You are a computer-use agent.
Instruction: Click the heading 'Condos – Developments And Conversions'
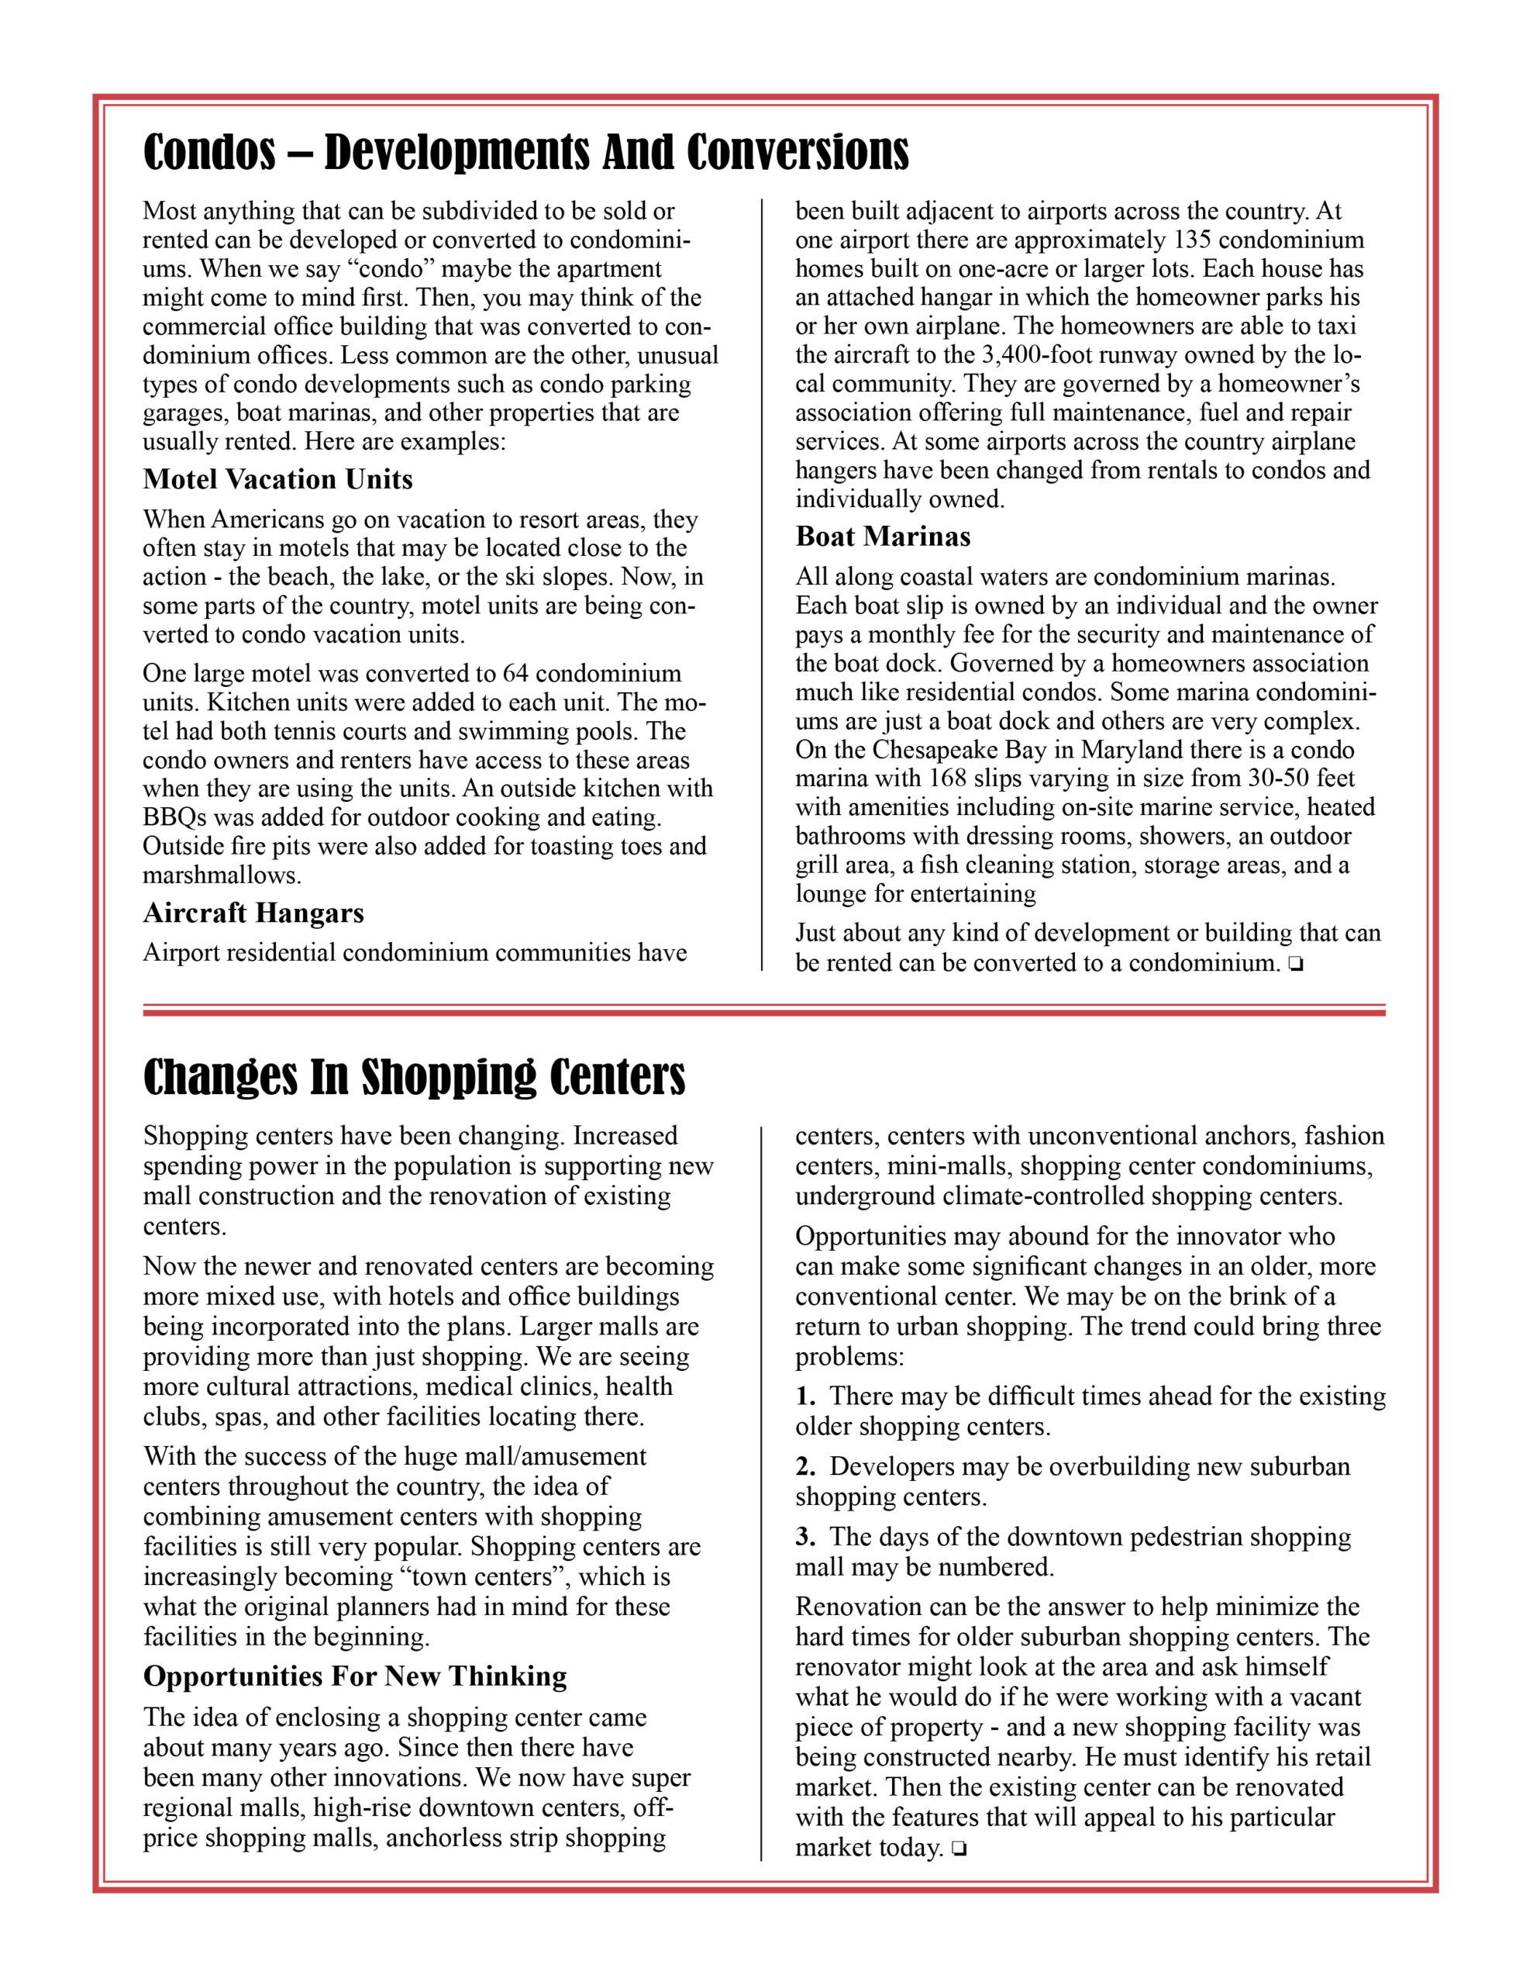click(x=525, y=152)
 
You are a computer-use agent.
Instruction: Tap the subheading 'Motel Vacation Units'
click(x=277, y=479)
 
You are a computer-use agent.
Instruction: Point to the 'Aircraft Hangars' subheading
click(x=253, y=913)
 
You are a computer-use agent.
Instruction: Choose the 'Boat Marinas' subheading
click(x=882, y=537)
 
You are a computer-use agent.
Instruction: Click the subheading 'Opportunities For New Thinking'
click(x=354, y=1676)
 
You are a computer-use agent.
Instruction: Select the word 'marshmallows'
click(x=221, y=875)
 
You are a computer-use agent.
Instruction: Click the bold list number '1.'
click(x=805, y=1396)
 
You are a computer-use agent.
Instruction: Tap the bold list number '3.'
click(x=805, y=1537)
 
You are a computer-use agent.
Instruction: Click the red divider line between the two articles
click(x=763, y=1010)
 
